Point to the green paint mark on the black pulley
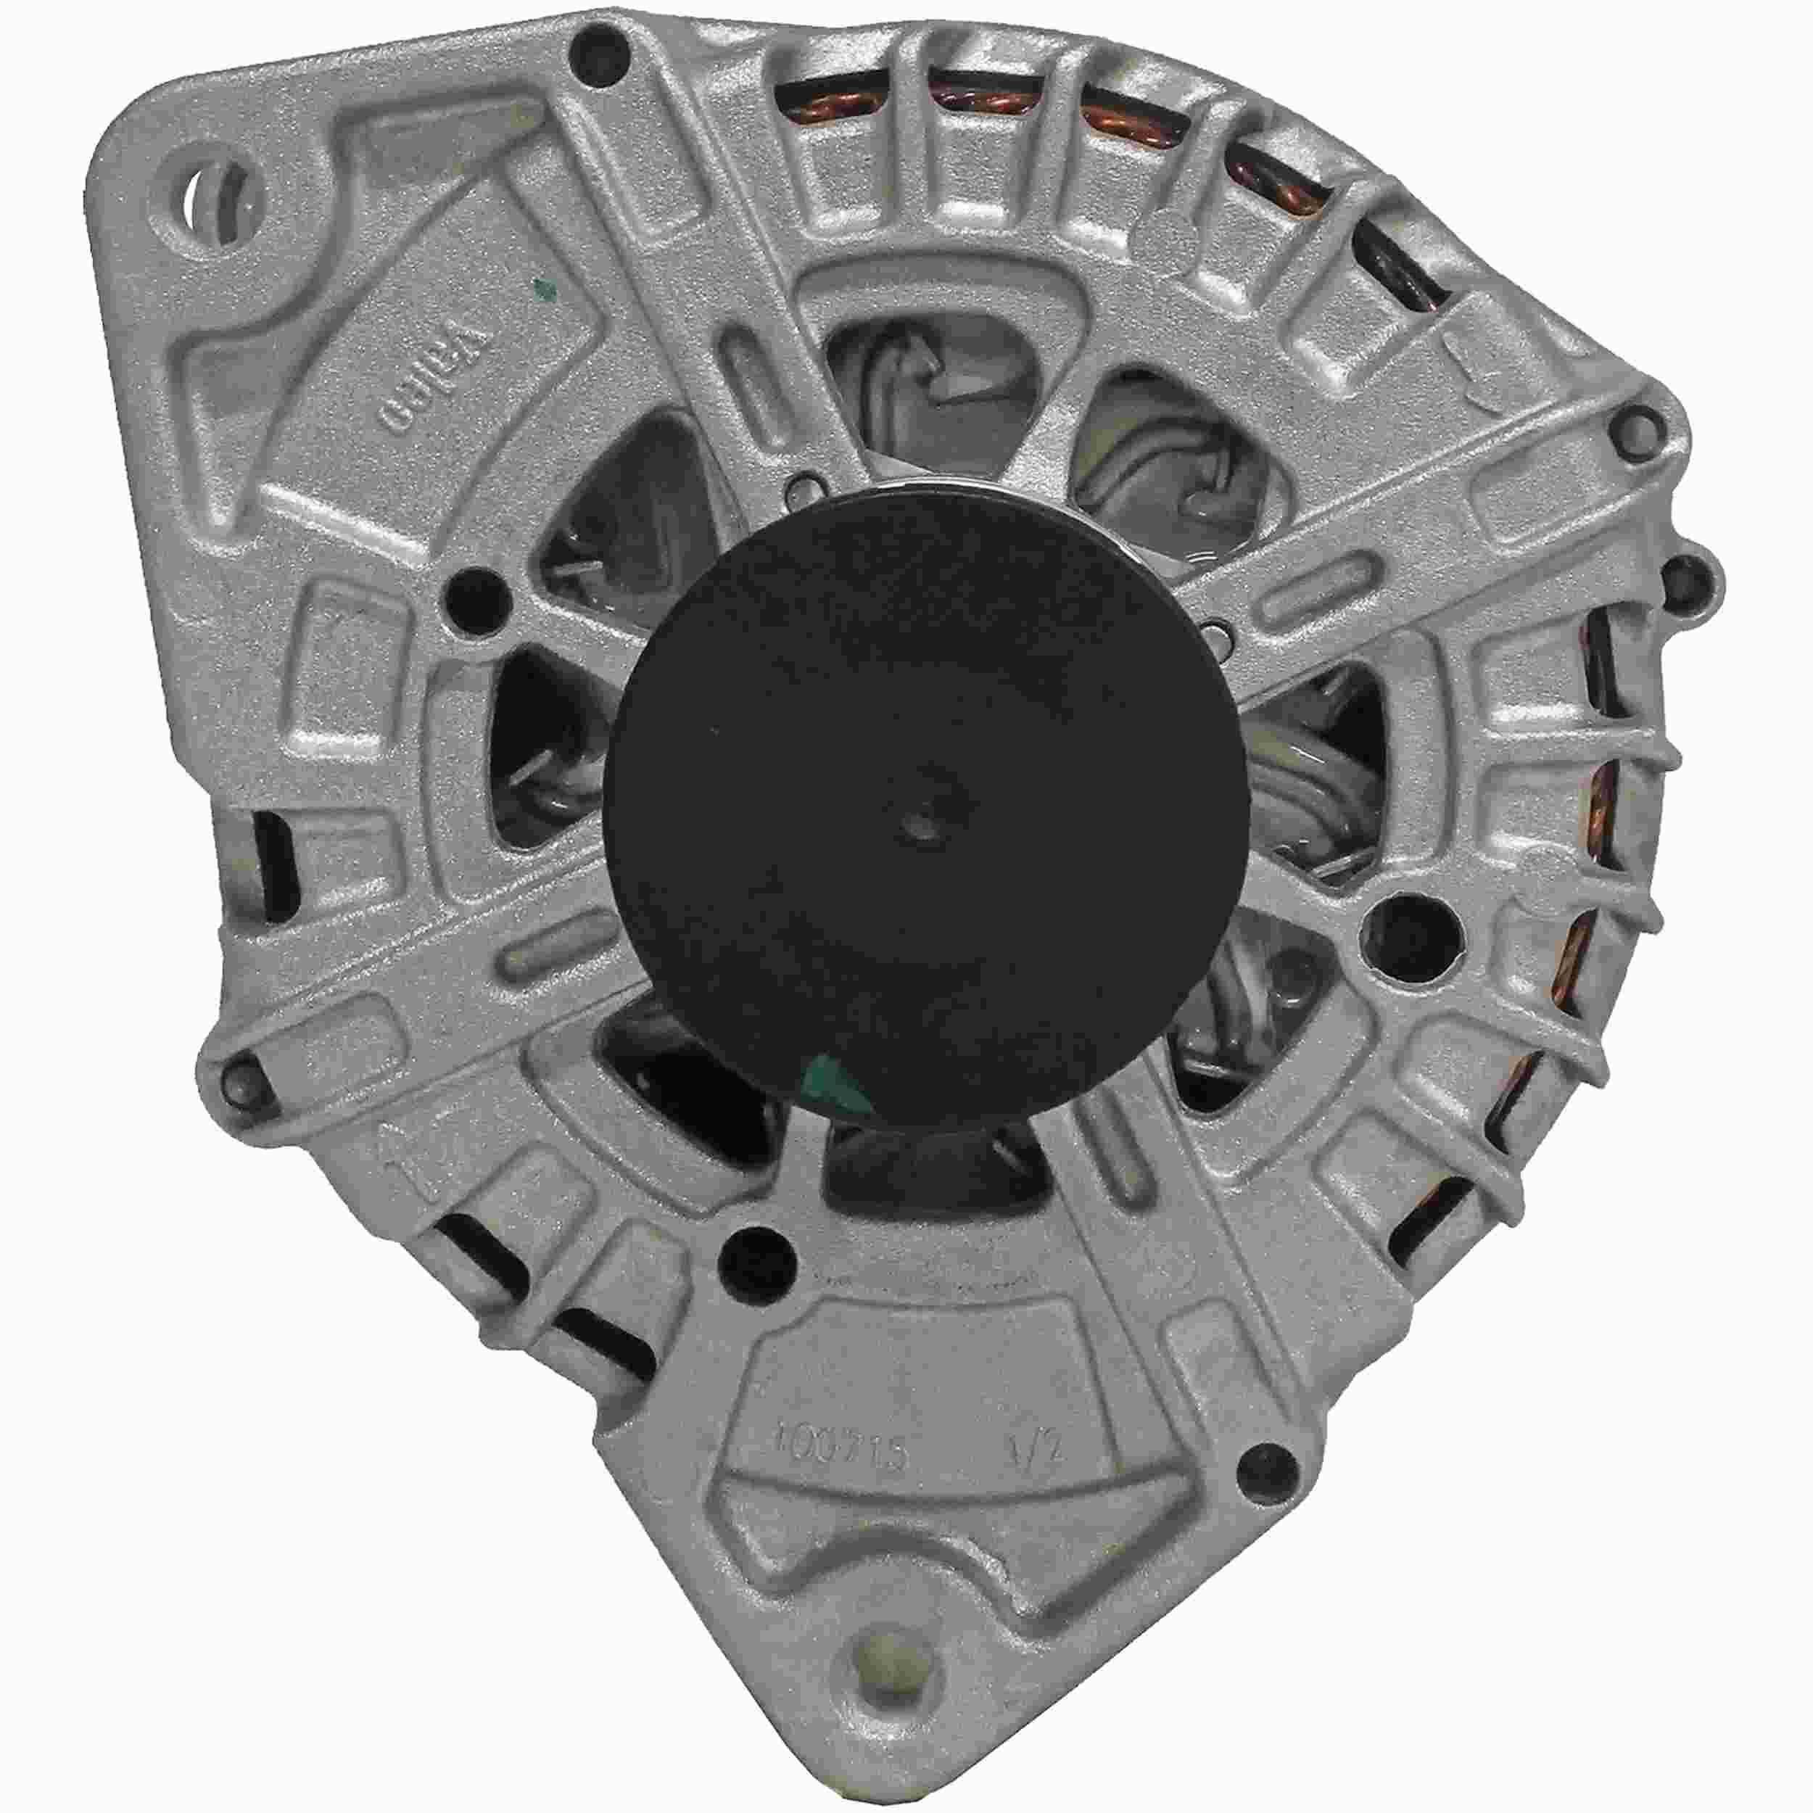point(838,1089)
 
